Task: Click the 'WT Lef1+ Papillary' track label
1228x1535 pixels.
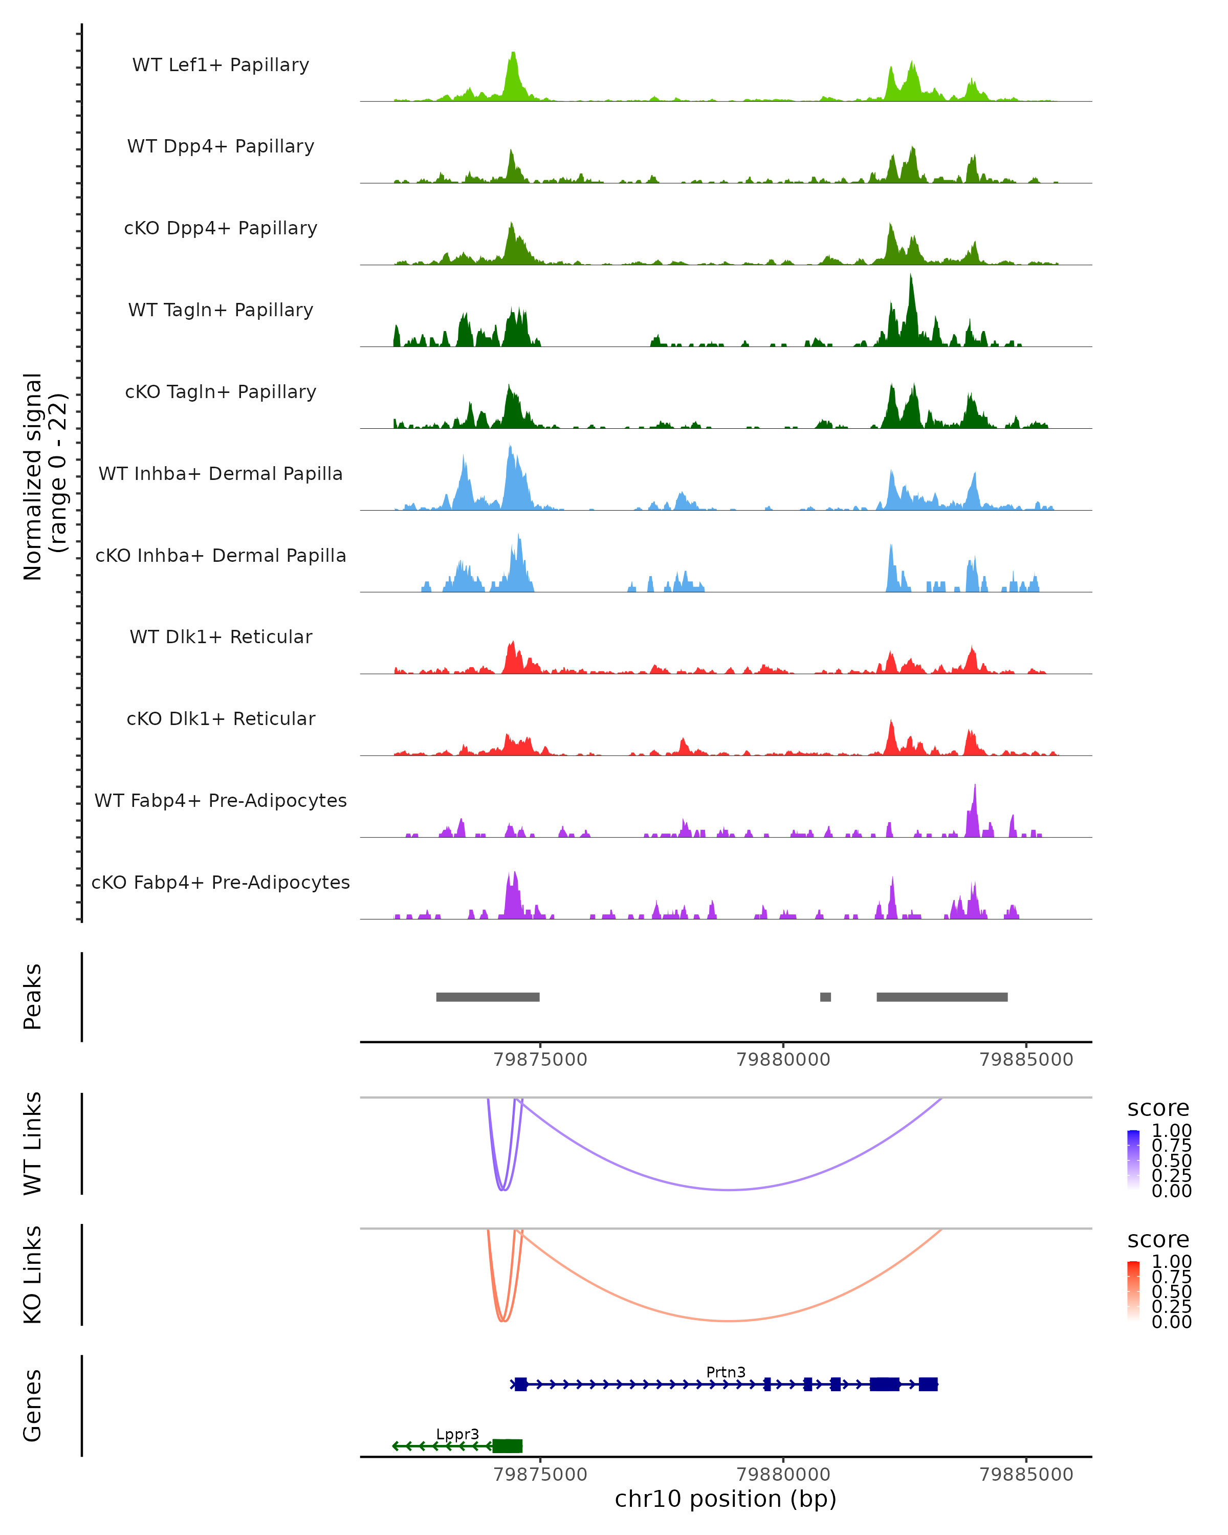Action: pos(221,65)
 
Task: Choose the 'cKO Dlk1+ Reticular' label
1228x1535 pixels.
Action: pos(221,718)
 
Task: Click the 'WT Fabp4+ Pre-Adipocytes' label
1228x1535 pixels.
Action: pos(221,800)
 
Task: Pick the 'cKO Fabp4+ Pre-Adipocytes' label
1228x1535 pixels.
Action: pos(221,882)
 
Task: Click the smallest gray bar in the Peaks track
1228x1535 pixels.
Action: pos(825,997)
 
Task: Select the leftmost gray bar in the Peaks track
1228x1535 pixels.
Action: pos(488,997)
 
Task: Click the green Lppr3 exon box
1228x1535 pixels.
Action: pos(508,1446)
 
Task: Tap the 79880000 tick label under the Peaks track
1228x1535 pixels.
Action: pos(783,1060)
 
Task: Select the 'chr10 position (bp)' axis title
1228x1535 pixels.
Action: pos(726,1499)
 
